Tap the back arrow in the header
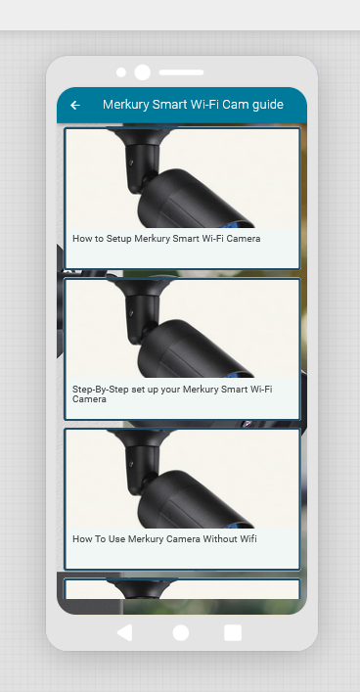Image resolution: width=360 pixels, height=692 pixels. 75,105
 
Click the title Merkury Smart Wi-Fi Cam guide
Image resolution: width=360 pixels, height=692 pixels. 193,105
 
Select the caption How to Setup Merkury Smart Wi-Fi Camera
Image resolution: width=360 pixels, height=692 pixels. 166,239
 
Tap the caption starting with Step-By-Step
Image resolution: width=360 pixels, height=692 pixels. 172,394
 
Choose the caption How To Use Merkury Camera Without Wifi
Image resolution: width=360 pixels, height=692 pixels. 164,539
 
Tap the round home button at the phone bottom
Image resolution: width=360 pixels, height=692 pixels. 181,632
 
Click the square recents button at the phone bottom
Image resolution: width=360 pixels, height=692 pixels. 233,632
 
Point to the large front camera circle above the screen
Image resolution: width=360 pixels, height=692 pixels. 142,72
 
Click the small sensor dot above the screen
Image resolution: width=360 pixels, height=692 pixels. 121,72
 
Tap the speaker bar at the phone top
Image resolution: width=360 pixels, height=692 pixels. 181,72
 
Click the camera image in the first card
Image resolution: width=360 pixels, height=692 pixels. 182,178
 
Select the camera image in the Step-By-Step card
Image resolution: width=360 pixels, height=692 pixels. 182,329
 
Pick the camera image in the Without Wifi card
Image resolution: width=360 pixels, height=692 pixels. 182,480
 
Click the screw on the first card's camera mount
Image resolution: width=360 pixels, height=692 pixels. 130,162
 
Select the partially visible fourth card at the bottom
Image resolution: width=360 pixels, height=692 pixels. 182,588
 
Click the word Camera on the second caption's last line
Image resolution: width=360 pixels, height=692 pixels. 89,399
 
